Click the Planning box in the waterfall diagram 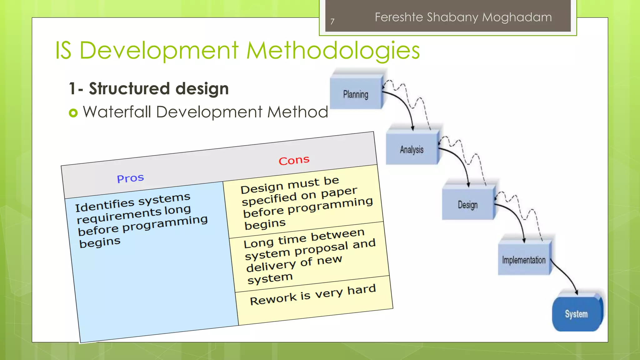[356, 94]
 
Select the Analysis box [412, 149]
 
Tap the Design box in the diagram [468, 205]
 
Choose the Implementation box [524, 260]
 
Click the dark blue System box [576, 314]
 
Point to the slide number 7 [332, 22]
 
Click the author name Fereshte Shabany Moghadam [463, 17]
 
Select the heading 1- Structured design [149, 88]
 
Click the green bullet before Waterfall [73, 112]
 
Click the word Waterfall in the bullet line [117, 112]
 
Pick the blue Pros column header [130, 178]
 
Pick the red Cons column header [294, 161]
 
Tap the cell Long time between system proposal [309, 256]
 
